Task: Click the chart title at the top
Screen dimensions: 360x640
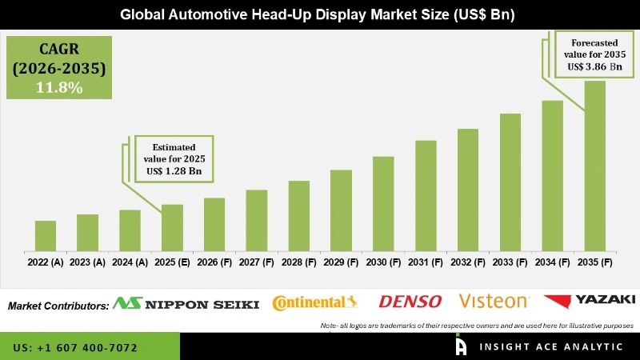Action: pyautogui.click(x=320, y=14)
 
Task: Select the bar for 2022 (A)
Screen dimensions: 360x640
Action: pyautogui.click(x=46, y=236)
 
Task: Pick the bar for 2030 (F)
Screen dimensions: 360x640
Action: pyautogui.click(x=383, y=203)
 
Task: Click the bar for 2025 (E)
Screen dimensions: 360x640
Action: pyautogui.click(x=172, y=227)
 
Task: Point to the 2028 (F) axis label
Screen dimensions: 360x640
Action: pyautogui.click(x=298, y=262)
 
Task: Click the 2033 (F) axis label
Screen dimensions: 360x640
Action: pyautogui.click(x=510, y=262)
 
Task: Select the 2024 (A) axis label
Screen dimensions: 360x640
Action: pyautogui.click(x=130, y=262)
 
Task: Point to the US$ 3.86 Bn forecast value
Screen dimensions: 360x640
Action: pyautogui.click(x=593, y=67)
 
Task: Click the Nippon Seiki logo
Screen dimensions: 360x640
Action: pyautogui.click(x=186, y=303)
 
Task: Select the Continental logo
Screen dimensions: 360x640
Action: pyautogui.click(x=314, y=302)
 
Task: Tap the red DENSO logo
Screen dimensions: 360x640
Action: pyautogui.click(x=410, y=302)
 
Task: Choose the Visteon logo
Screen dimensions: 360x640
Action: pyautogui.click(x=494, y=302)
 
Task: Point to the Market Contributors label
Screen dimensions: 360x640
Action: pyautogui.click(x=58, y=306)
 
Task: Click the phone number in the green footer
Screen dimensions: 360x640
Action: pyautogui.click(x=75, y=348)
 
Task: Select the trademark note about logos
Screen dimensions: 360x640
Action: pyautogui.click(x=476, y=326)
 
